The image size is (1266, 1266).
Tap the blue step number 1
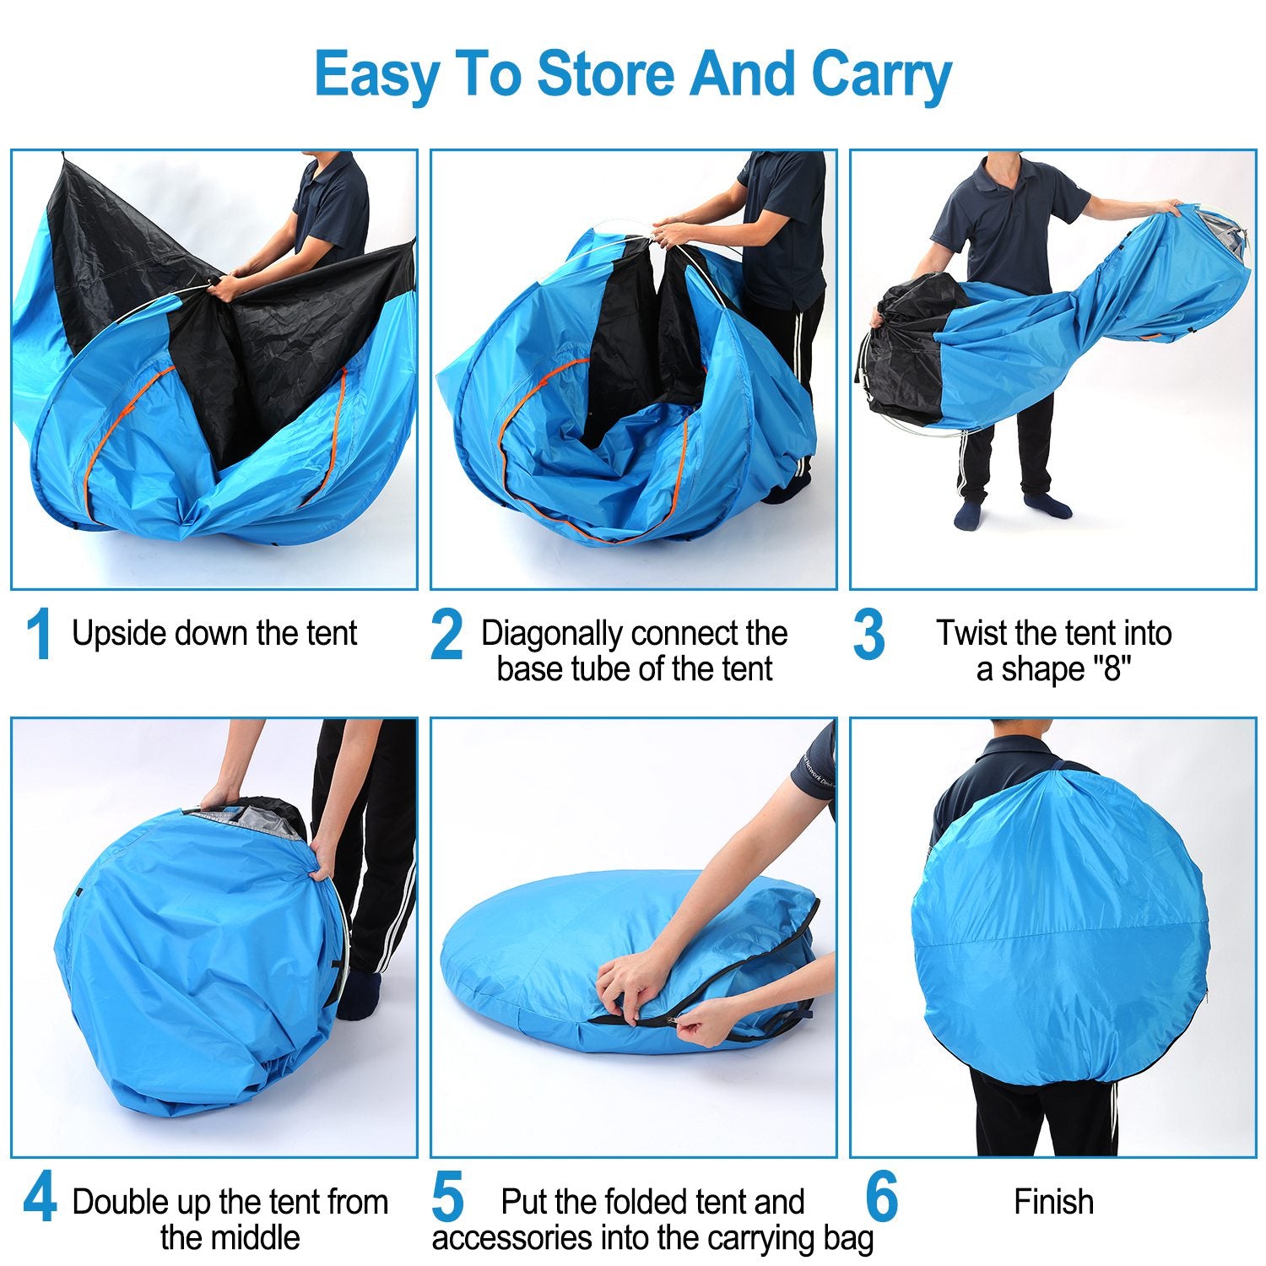coord(39,635)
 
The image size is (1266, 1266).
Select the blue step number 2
coord(446,635)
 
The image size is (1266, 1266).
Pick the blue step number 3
coord(868,635)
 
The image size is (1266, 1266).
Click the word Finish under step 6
coord(1053,1202)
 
